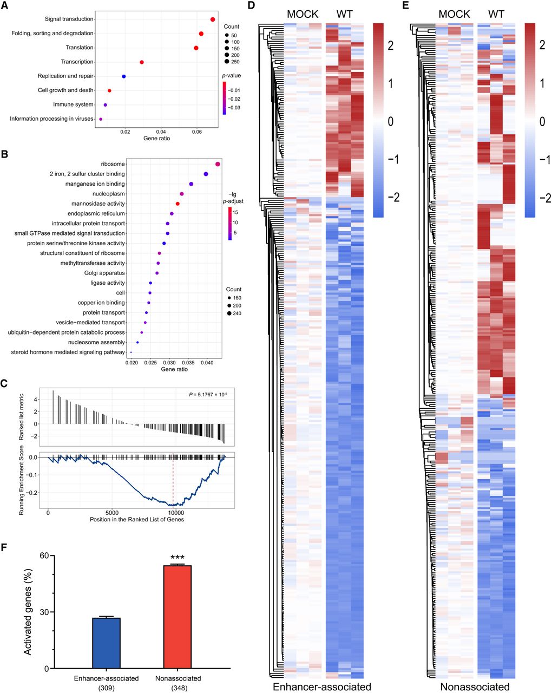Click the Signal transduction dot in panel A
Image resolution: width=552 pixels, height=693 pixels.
click(213, 19)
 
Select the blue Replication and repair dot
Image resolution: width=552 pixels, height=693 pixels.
click(124, 76)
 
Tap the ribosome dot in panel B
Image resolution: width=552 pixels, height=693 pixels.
click(218, 164)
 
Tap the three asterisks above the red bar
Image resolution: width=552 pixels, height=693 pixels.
click(178, 558)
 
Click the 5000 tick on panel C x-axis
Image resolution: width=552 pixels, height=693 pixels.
click(112, 513)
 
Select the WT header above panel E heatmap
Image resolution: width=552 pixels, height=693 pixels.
click(496, 14)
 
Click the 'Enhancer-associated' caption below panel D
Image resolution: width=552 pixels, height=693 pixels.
click(322, 687)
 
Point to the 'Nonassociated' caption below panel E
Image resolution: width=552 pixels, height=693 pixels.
click(475, 687)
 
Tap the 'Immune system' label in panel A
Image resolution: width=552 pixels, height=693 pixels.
click(73, 104)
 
